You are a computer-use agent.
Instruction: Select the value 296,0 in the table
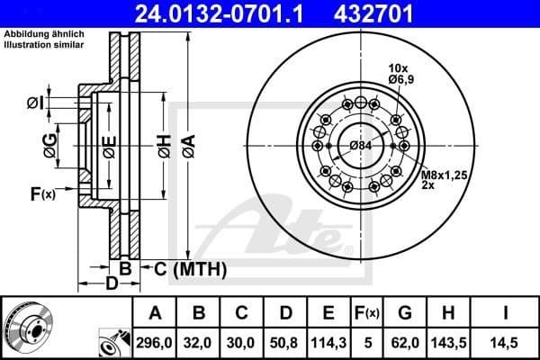coord(156,342)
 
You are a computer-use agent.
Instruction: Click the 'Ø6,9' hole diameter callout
coord(400,80)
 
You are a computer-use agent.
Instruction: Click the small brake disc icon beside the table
coord(28,328)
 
